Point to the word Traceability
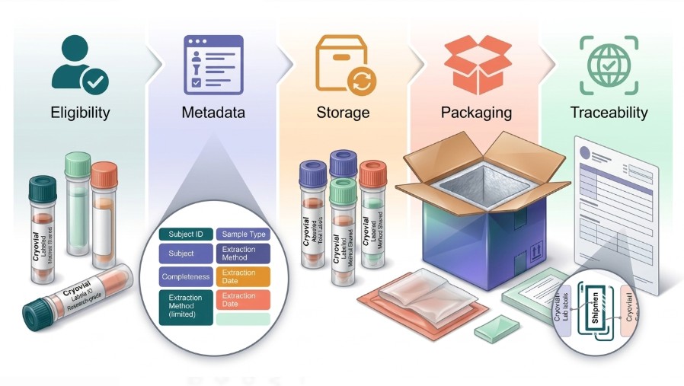click(x=609, y=113)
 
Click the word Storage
click(x=343, y=113)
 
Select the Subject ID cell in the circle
click(x=183, y=234)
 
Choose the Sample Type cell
click(x=243, y=234)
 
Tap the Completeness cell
click(x=183, y=276)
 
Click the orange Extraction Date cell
click(x=243, y=276)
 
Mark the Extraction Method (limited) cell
click(x=183, y=305)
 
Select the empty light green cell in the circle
click(x=243, y=319)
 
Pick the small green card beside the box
click(x=496, y=329)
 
